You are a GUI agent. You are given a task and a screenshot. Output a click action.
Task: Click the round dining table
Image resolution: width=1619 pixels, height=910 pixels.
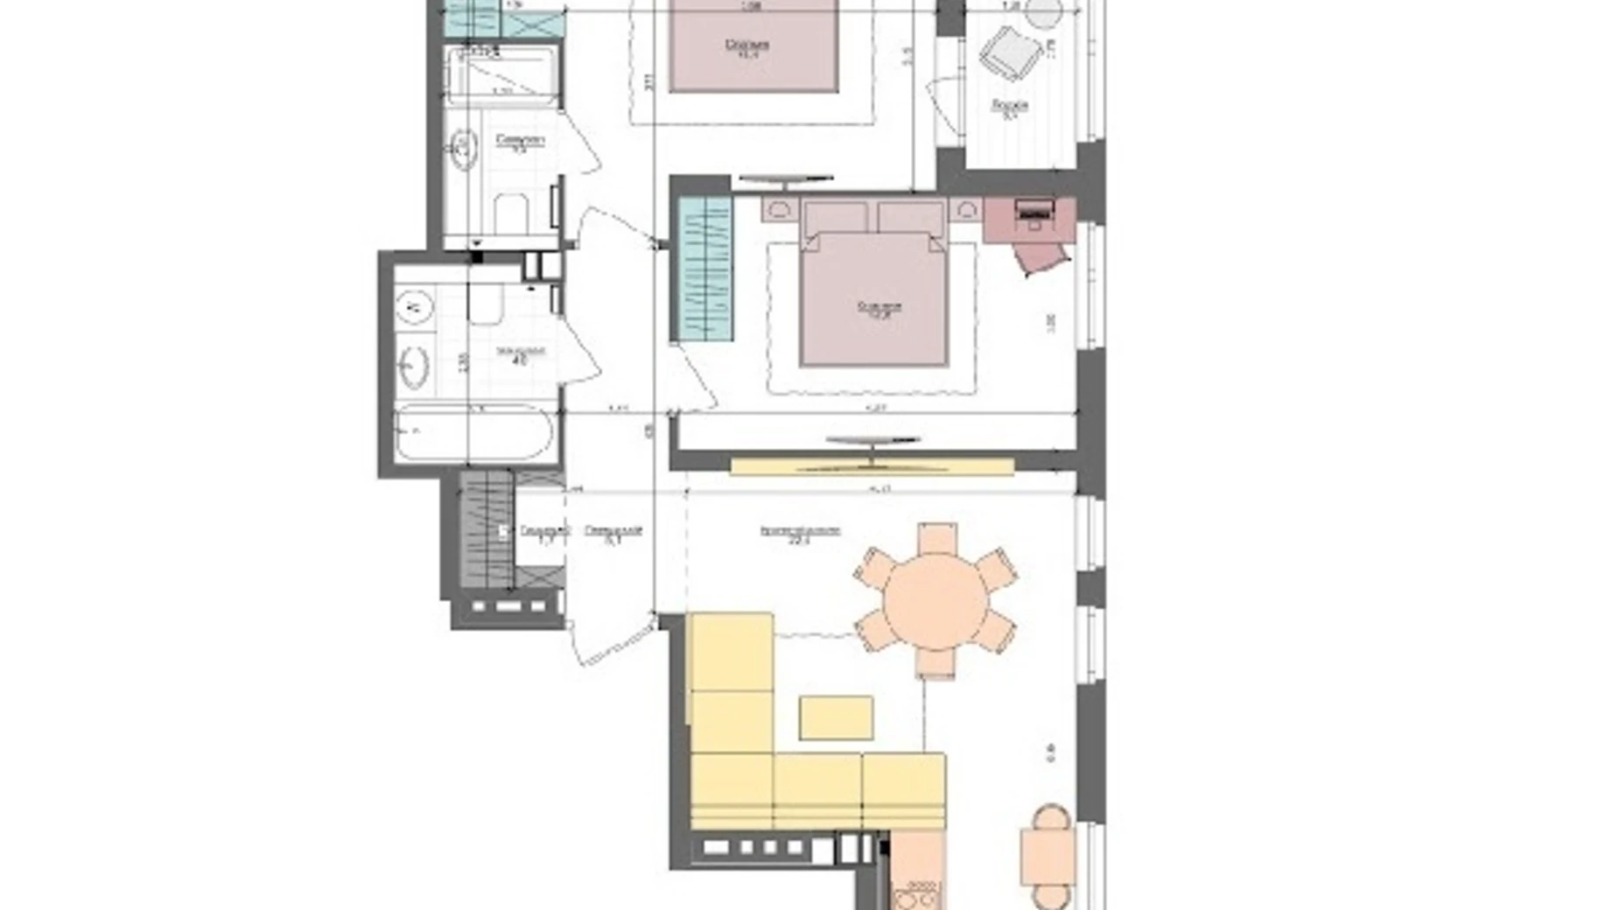click(x=935, y=601)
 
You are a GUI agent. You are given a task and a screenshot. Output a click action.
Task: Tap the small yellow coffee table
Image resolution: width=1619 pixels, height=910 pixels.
click(x=836, y=717)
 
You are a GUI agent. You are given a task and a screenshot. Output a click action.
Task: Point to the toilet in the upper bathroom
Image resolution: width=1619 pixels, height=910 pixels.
click(x=511, y=213)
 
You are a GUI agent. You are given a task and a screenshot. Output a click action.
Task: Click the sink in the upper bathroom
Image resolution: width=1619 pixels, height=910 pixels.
click(x=463, y=149)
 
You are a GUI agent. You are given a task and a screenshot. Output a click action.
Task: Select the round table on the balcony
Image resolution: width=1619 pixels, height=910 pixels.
click(x=1043, y=12)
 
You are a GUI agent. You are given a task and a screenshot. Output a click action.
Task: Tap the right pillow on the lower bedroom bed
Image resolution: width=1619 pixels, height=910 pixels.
click(x=910, y=217)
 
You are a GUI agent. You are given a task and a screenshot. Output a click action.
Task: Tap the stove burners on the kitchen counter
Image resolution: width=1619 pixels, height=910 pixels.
click(x=915, y=899)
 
